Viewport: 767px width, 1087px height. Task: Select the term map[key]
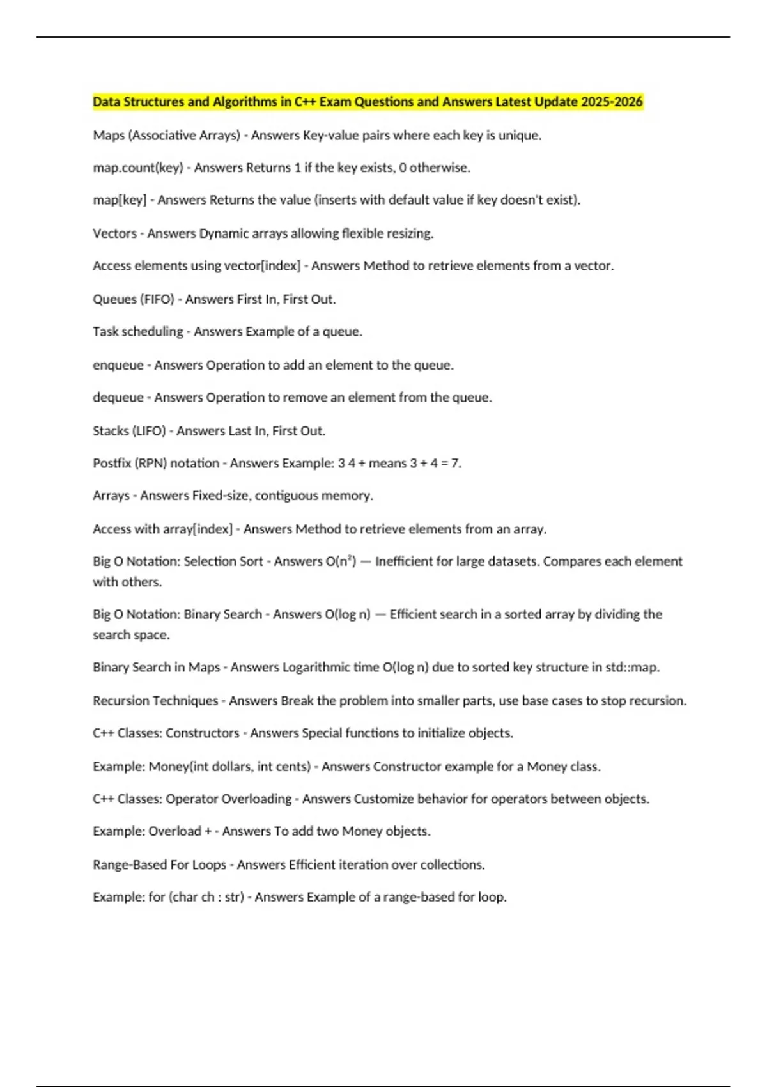point(120,200)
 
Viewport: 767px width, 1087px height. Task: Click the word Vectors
point(114,233)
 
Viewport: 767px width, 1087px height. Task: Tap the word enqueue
point(118,365)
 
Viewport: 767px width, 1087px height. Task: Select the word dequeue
point(118,398)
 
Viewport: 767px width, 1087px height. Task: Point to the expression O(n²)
point(341,561)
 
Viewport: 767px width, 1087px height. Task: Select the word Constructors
point(202,733)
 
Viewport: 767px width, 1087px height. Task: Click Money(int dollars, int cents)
point(229,767)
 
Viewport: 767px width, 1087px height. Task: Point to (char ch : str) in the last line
point(206,897)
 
